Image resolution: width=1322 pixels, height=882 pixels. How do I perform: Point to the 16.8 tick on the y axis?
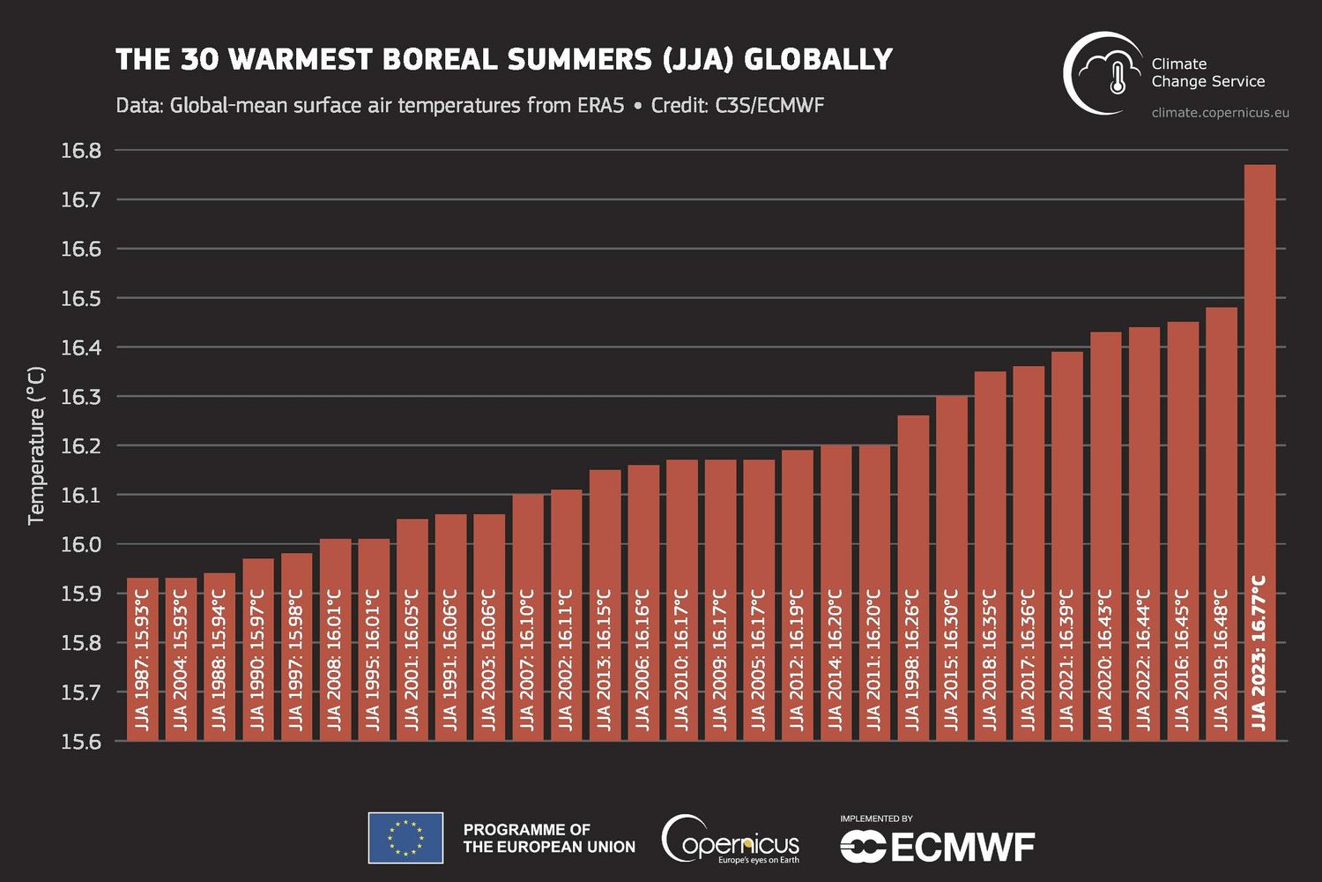pos(81,151)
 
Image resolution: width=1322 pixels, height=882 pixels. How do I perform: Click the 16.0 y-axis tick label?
pos(81,544)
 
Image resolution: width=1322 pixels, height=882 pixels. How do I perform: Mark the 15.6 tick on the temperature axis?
pos(81,742)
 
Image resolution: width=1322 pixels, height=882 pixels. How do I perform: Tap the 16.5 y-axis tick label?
pos(81,298)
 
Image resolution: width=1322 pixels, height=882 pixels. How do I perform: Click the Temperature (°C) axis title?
pos(36,445)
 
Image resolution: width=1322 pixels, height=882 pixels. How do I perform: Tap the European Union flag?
pos(405,838)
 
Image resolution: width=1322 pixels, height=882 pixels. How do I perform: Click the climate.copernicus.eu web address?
pos(1220,113)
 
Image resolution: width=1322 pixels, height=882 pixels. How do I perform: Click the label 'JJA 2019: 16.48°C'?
pos(1221,660)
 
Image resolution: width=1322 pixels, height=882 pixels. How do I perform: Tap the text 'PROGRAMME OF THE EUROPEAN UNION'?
pos(548,838)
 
